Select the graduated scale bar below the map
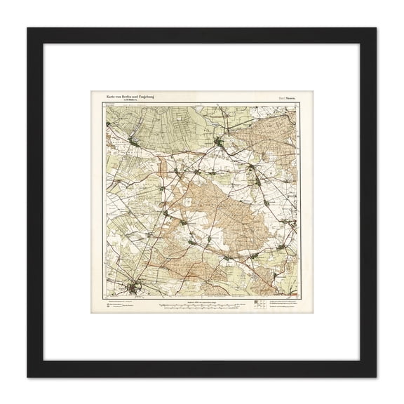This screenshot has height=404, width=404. tap(201, 306)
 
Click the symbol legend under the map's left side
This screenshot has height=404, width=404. tap(119, 307)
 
